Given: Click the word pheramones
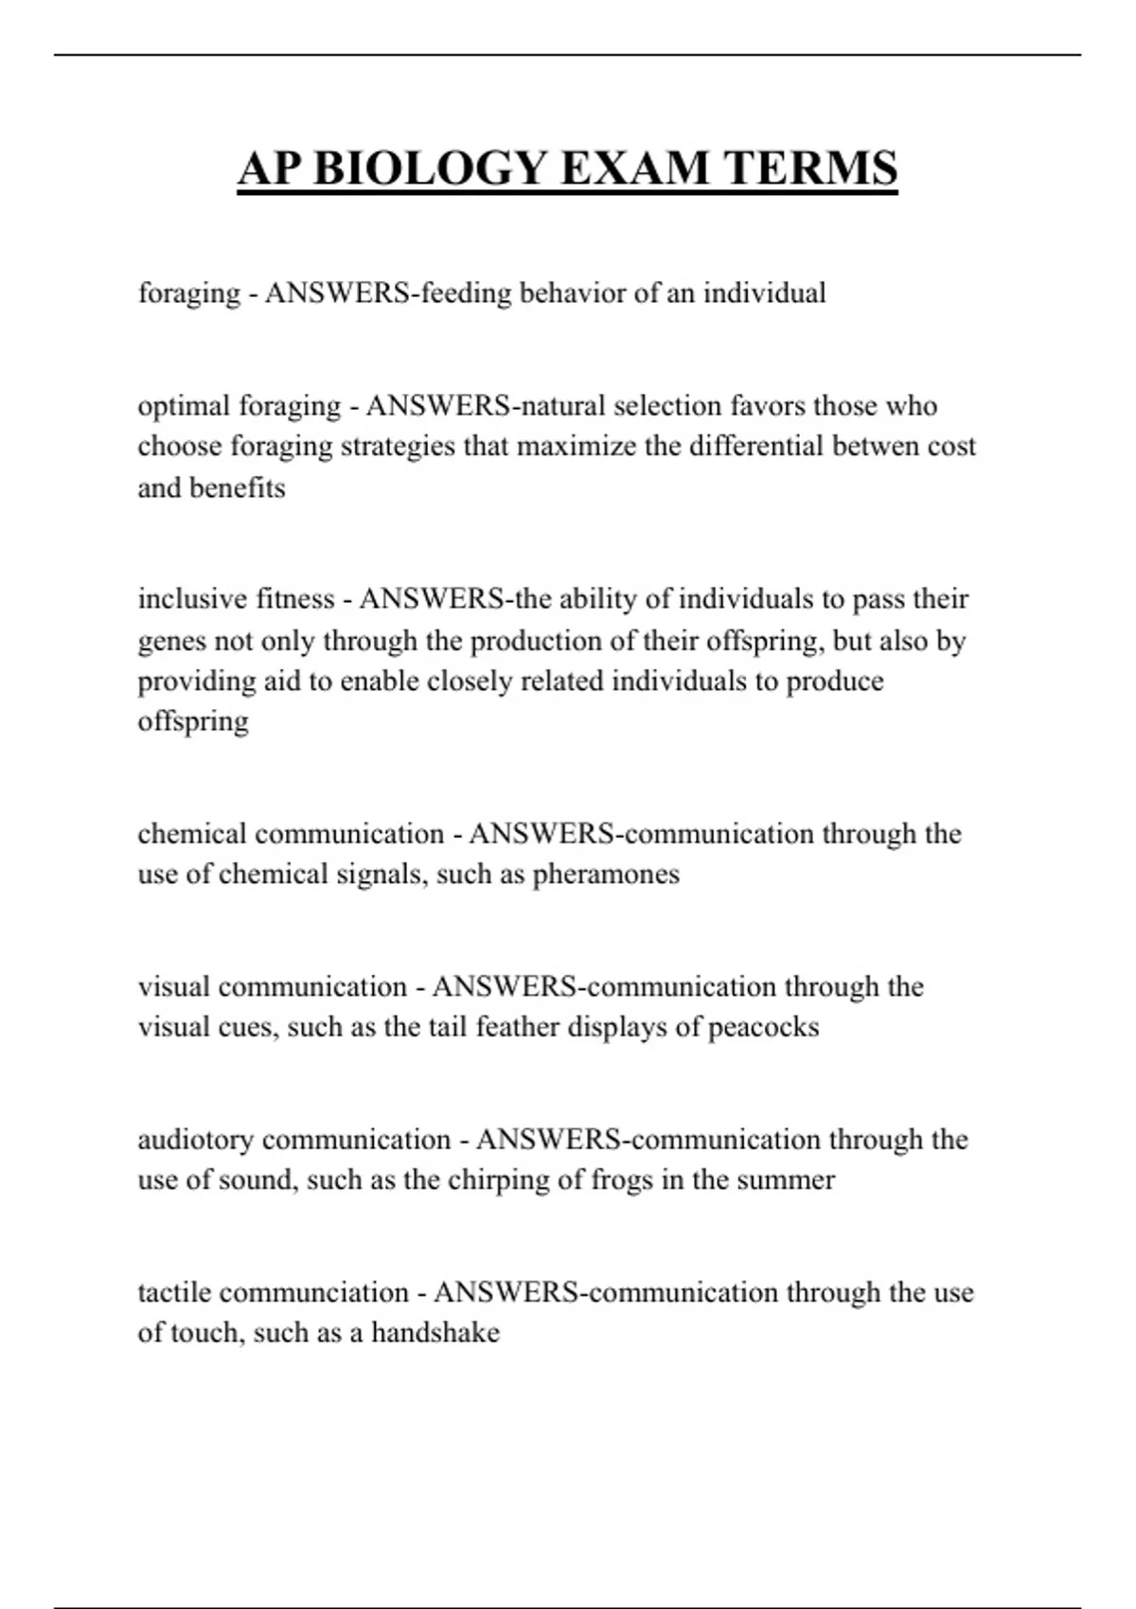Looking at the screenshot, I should tap(606, 874).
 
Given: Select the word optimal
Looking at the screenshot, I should tap(184, 406).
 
